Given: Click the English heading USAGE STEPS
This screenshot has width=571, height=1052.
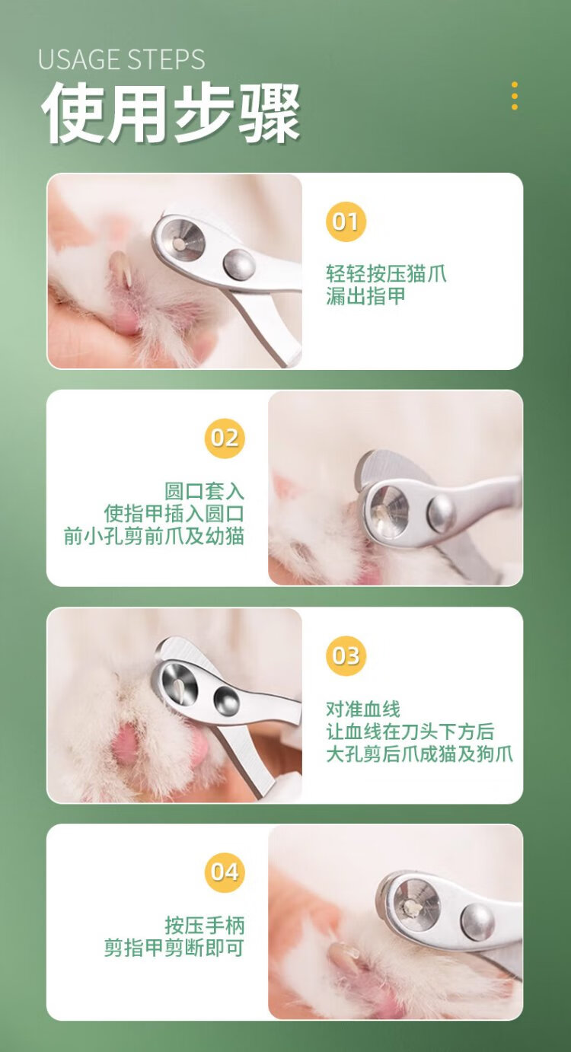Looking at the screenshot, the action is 121,59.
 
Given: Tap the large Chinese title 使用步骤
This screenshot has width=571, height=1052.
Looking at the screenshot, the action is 171,113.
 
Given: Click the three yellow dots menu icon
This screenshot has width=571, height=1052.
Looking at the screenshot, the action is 515,96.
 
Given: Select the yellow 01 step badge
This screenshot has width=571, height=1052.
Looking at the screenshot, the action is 346,222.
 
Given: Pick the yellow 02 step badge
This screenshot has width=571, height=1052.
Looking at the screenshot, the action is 225,438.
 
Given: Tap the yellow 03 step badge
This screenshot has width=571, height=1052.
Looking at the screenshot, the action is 346,655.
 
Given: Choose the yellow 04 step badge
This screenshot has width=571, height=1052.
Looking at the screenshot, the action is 225,872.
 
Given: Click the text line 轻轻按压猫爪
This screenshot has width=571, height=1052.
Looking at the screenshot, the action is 386,273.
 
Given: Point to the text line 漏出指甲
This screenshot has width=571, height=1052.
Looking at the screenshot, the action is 365,296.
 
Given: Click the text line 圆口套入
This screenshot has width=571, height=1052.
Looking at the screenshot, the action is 204,491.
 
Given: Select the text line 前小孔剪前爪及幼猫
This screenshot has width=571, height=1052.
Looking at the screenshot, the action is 154,537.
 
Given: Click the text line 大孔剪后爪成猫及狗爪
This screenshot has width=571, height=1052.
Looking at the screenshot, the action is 419,754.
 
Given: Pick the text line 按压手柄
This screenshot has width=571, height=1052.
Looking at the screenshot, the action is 204,925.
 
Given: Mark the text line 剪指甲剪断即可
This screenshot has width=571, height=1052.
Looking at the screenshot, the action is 174,948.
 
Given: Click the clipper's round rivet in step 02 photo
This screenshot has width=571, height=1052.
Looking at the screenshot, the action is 442,512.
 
